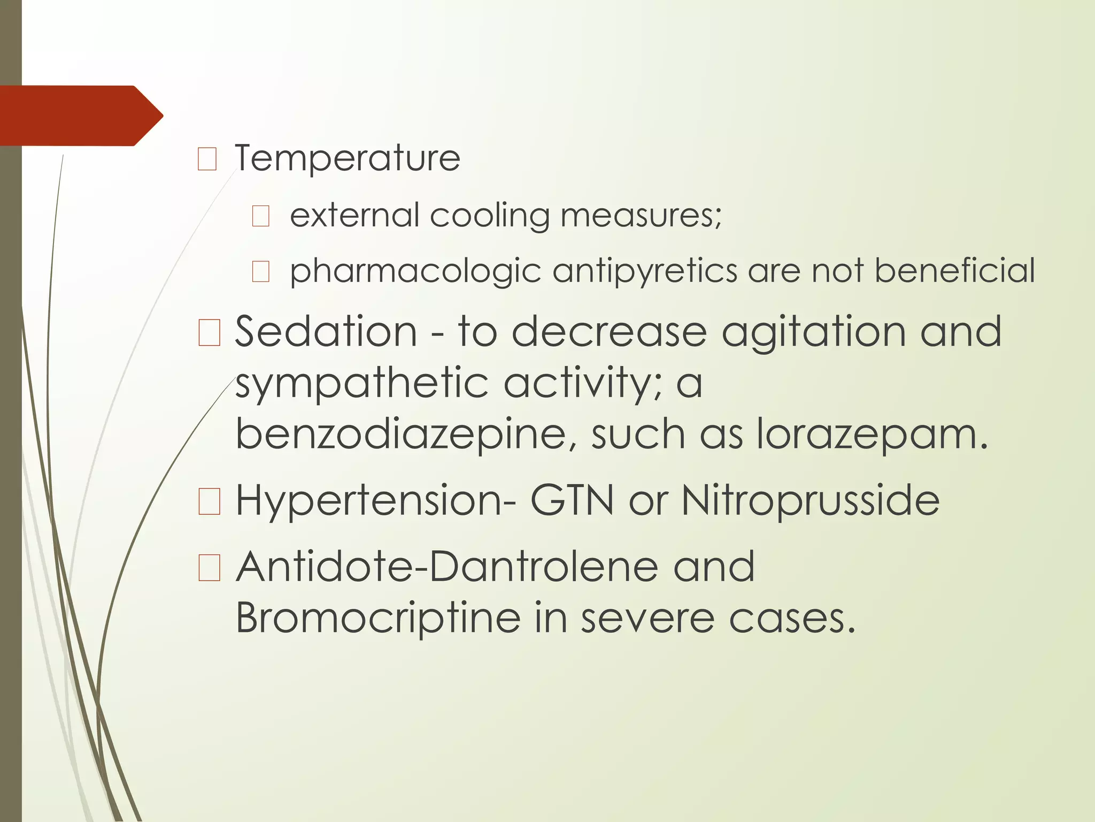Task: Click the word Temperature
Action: (347, 158)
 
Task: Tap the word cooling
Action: (490, 216)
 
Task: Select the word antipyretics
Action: (645, 271)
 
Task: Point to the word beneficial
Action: (954, 271)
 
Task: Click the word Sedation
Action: (326, 332)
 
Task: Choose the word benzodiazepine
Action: (400, 435)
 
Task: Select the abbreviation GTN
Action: (572, 501)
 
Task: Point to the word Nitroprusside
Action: (810, 501)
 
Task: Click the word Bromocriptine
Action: (378, 618)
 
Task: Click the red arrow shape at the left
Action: (80, 116)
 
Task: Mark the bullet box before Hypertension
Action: (209, 502)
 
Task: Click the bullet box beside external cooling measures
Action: (261, 217)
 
